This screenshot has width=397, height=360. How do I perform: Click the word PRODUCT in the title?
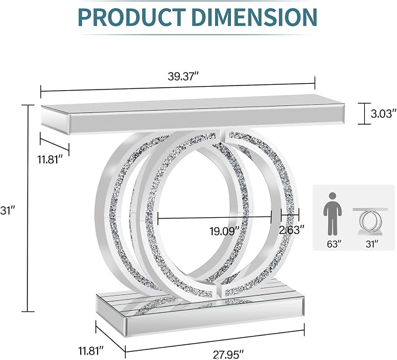tap(132, 17)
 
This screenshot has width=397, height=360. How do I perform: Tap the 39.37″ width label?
tap(183, 76)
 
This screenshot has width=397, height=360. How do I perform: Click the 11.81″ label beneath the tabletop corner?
tap(50, 160)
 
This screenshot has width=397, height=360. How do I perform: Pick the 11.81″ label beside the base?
tap(91, 351)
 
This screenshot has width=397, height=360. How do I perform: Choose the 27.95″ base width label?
tap(228, 354)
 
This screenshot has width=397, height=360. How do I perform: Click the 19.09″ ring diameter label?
tap(225, 231)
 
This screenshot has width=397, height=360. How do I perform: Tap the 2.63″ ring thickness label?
tap(291, 230)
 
